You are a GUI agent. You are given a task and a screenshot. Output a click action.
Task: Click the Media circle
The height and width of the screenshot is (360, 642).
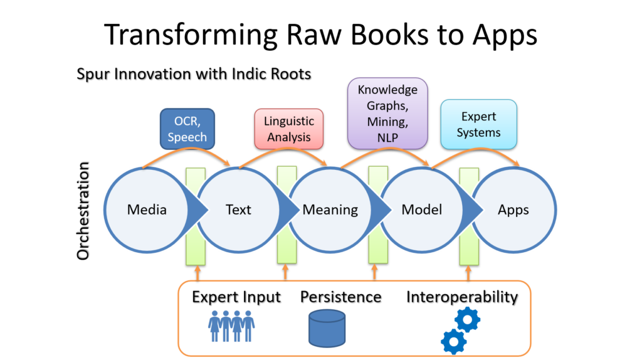click(147, 209)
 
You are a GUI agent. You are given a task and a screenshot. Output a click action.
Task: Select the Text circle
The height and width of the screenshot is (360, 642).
click(239, 209)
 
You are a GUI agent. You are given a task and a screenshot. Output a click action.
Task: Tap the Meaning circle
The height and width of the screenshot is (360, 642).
click(330, 209)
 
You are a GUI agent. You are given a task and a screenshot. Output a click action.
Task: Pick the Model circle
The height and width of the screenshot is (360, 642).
click(422, 209)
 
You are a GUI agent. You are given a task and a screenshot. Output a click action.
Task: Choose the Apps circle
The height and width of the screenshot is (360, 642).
click(513, 209)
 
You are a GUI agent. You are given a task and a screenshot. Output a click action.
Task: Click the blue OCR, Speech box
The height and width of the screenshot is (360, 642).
click(187, 129)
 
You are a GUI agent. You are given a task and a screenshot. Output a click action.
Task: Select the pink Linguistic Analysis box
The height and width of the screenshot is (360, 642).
click(288, 129)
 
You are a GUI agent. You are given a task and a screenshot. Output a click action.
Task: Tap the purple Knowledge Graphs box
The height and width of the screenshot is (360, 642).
click(387, 114)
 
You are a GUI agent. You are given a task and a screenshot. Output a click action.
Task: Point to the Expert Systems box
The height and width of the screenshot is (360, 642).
click(478, 124)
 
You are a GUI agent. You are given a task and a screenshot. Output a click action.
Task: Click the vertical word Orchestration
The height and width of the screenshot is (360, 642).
click(83, 211)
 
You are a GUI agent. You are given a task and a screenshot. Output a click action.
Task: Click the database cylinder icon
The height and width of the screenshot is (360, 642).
click(327, 328)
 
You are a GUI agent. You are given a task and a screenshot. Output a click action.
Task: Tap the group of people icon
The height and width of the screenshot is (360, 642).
click(231, 326)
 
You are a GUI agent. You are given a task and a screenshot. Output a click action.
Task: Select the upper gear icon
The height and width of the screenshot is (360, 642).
click(467, 319)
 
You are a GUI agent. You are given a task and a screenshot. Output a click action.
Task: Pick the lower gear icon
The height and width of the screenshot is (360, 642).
click(454, 341)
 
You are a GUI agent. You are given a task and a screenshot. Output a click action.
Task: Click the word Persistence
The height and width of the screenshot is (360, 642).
click(340, 297)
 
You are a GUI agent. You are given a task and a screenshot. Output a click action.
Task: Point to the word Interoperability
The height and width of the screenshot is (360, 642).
click(462, 297)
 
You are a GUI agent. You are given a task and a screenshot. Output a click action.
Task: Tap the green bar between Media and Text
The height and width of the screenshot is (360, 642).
click(196, 216)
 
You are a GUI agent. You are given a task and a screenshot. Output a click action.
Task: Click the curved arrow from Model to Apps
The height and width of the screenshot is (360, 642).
click(476, 149)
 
